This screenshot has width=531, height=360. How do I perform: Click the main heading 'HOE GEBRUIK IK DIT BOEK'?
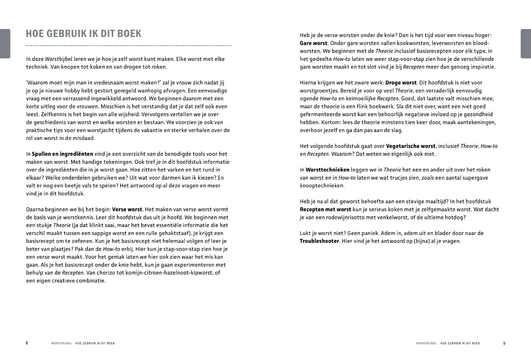[x=83, y=34]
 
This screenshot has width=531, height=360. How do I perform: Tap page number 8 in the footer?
[x=27, y=343]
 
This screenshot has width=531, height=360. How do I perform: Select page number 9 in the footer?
[x=504, y=343]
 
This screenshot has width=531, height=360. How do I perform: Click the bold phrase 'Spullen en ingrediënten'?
[x=62, y=154]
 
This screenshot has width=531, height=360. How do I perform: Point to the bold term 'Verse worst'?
[x=127, y=210]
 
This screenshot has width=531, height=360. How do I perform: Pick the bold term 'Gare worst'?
[x=313, y=43]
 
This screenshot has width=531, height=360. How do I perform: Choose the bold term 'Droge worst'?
[x=401, y=83]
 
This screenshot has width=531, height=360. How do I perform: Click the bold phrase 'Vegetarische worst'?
[x=410, y=146]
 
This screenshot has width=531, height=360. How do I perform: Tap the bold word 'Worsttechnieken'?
[x=327, y=170]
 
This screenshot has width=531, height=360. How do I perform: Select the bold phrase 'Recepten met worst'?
[x=325, y=210]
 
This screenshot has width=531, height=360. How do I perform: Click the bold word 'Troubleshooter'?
[x=319, y=241]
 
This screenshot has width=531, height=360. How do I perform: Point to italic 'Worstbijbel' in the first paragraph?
[x=59, y=59]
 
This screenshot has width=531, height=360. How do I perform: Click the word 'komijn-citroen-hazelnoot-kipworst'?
[x=169, y=273]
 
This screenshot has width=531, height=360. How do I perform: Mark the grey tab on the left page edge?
[x=5, y=44]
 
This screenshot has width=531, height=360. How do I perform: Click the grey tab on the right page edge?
[x=525, y=44]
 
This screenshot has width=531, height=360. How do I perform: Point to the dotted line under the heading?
[x=128, y=46]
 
